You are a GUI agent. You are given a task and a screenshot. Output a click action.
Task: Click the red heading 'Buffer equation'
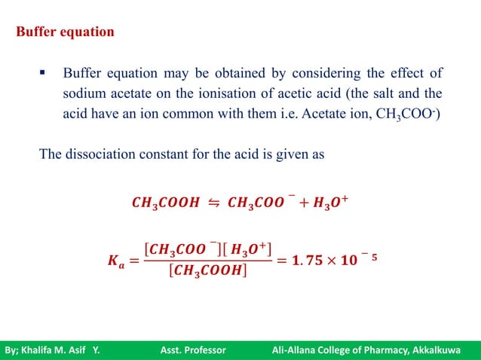coord(66,33)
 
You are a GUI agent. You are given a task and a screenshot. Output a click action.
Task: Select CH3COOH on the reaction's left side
coord(164,203)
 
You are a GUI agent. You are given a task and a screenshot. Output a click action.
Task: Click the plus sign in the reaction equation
coord(302,203)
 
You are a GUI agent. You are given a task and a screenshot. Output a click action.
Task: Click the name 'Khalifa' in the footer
coord(39,349)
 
